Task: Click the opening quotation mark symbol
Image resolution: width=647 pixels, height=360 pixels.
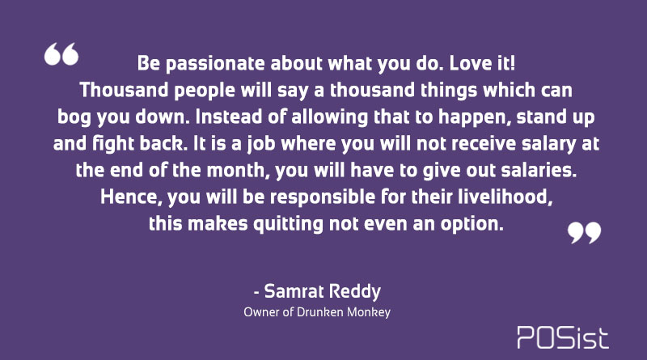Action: click(x=61, y=54)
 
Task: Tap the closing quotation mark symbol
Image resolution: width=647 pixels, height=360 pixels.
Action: click(x=584, y=233)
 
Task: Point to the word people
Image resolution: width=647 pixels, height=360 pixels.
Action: click(x=205, y=91)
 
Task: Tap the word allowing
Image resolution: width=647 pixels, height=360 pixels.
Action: click(x=329, y=117)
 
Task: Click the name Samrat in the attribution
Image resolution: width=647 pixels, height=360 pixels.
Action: click(x=294, y=291)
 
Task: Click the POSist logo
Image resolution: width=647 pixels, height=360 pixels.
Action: click(x=563, y=337)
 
